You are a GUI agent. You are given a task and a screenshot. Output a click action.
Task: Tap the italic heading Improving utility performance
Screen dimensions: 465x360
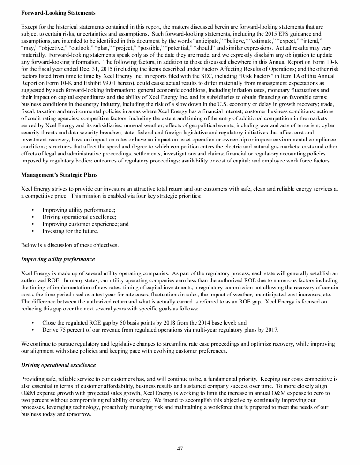click(58, 259)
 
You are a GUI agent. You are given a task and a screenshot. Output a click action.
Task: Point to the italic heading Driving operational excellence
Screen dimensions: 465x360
click(59, 365)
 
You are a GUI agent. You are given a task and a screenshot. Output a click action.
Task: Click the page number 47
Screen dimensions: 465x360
click(180, 448)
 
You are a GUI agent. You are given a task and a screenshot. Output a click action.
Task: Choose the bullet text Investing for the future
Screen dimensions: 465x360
click(70, 231)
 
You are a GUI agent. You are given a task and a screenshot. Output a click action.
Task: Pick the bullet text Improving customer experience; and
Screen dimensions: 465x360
click(85, 224)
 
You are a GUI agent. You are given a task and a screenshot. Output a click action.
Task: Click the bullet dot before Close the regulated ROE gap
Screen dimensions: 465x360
click(32, 323)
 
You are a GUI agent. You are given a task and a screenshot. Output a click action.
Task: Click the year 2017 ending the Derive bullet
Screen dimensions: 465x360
click(271, 330)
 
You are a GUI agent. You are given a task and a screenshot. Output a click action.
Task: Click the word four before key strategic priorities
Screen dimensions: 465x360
click(132, 196)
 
